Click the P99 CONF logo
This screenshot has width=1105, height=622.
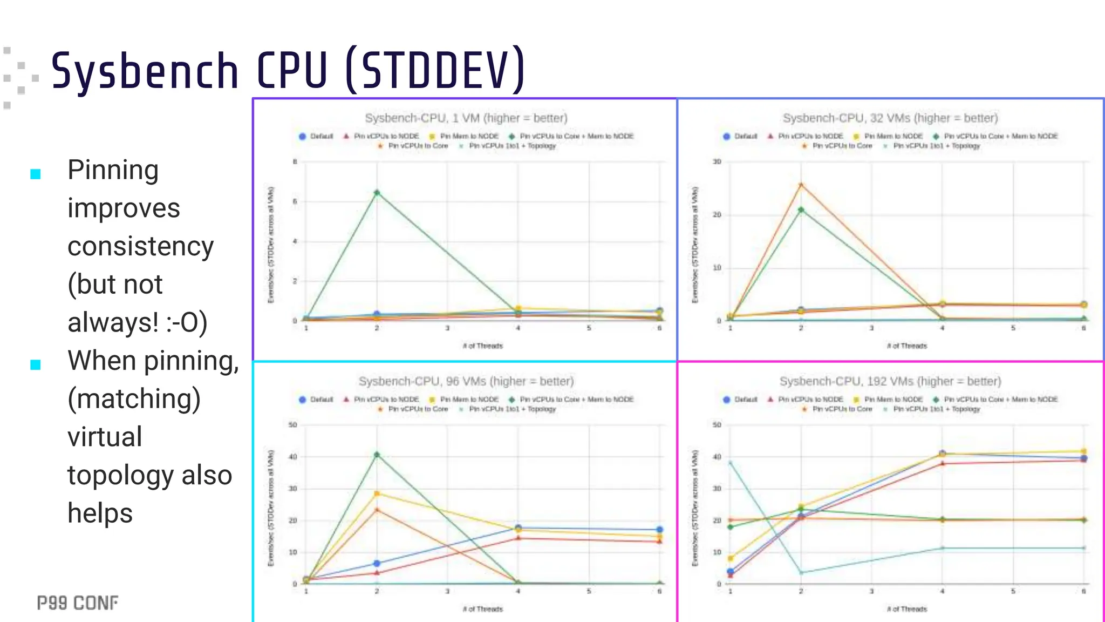tap(78, 603)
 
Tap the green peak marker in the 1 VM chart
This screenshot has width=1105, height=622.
tap(377, 193)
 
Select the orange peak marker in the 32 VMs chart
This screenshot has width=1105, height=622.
tap(801, 185)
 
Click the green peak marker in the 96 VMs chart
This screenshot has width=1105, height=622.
tap(377, 455)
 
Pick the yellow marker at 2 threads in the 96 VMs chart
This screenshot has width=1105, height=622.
tap(377, 493)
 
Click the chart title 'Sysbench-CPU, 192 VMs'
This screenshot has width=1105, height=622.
tap(890, 381)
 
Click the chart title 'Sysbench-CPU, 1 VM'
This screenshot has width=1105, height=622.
tap(466, 118)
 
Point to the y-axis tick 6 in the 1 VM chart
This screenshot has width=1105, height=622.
tap(295, 201)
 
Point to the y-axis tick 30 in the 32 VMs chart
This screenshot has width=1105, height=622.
tap(717, 161)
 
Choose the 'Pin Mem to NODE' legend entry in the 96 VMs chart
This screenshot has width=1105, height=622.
tap(468, 400)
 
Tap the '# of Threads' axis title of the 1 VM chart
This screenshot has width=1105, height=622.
tap(482, 346)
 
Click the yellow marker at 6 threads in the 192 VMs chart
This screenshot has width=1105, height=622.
tap(1083, 451)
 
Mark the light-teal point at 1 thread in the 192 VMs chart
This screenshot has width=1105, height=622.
tap(731, 463)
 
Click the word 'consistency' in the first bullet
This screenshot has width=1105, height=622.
tap(140, 246)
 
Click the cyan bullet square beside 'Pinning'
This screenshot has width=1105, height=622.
tap(36, 174)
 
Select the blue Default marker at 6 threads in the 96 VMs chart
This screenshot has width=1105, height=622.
tap(659, 530)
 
